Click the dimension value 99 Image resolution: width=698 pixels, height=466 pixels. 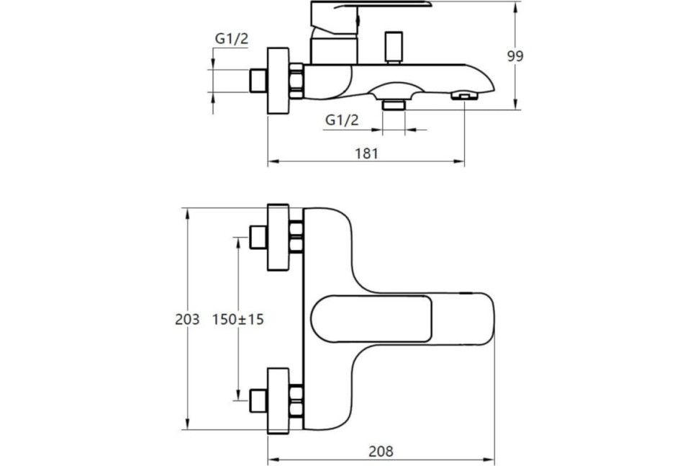click(x=515, y=56)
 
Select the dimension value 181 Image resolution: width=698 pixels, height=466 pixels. click(x=366, y=153)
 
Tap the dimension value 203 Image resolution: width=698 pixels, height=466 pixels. click(x=187, y=319)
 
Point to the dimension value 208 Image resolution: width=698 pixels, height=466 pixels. click(x=381, y=452)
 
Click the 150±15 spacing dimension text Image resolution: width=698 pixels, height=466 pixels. click(x=237, y=319)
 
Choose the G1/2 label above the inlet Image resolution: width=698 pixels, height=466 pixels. click(x=232, y=39)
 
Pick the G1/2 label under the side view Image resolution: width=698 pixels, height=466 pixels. click(x=342, y=120)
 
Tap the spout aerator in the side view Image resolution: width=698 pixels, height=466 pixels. click(x=463, y=95)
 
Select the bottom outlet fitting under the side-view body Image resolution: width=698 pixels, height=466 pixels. click(x=394, y=104)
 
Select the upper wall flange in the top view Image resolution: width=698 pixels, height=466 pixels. click(x=278, y=238)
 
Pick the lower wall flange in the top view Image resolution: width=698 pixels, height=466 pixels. click(x=278, y=400)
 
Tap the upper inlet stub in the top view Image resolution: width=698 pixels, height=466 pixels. click(x=258, y=238)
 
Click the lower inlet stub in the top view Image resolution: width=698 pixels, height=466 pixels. click(x=258, y=400)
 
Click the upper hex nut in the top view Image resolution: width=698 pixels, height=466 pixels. click(x=296, y=238)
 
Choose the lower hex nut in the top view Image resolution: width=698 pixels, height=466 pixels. click(x=296, y=400)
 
